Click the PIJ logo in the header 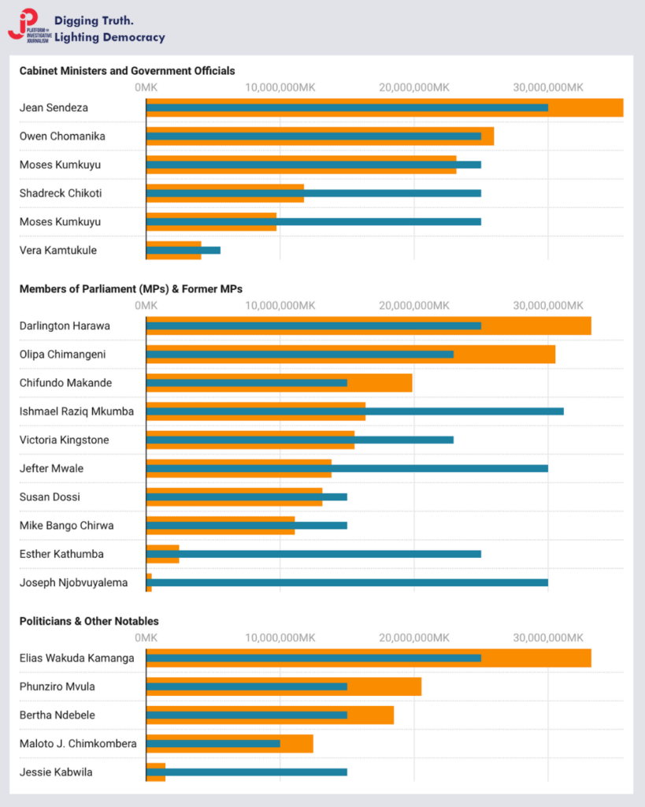point(28,25)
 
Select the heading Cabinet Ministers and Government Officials point(127,71)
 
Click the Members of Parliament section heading point(131,289)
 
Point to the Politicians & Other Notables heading point(89,621)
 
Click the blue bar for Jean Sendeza point(347,107)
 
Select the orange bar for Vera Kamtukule point(173,256)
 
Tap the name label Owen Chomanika point(62,136)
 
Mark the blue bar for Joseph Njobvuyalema point(347,583)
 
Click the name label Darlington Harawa point(65,325)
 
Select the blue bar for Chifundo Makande point(247,383)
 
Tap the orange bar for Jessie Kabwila point(156,779)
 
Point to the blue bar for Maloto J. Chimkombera point(213,743)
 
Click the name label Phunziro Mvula point(57,686)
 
